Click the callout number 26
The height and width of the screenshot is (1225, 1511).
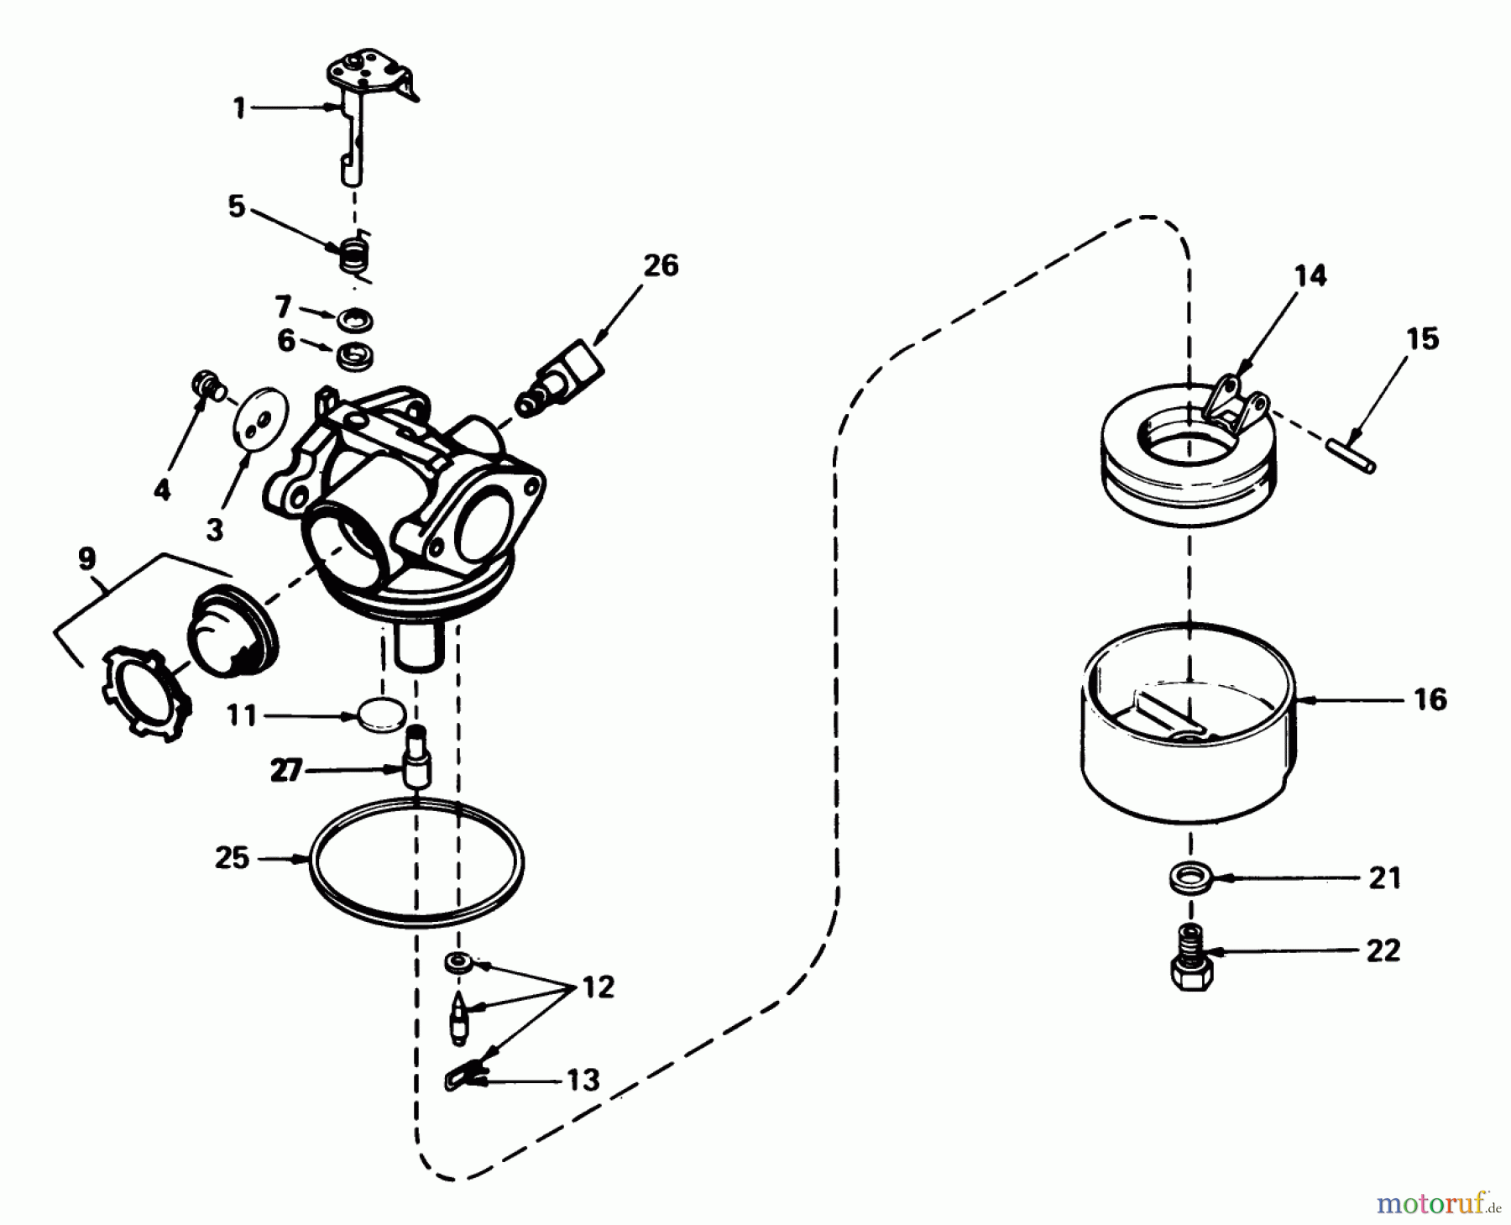click(661, 266)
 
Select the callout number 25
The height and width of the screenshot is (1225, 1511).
click(233, 858)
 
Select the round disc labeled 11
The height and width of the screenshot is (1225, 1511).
click(381, 716)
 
